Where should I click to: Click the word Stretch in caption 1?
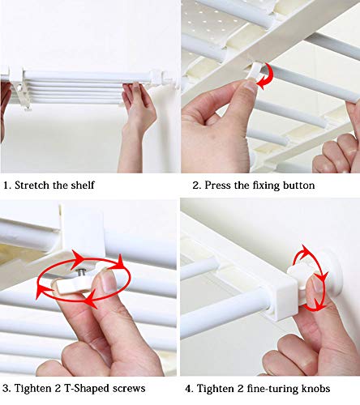coord(32,185)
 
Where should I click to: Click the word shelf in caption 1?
coord(83,185)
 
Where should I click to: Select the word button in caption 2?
coord(298,185)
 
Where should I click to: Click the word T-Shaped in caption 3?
coord(87,389)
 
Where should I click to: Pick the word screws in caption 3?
coord(129,389)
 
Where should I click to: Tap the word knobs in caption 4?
coord(315,389)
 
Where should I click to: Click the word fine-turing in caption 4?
coord(272,389)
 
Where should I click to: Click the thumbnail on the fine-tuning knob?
coord(317,284)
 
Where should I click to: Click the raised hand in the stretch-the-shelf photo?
coord(138,108)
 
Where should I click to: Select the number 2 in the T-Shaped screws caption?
coord(58,389)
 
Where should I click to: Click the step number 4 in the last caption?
coord(188,389)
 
